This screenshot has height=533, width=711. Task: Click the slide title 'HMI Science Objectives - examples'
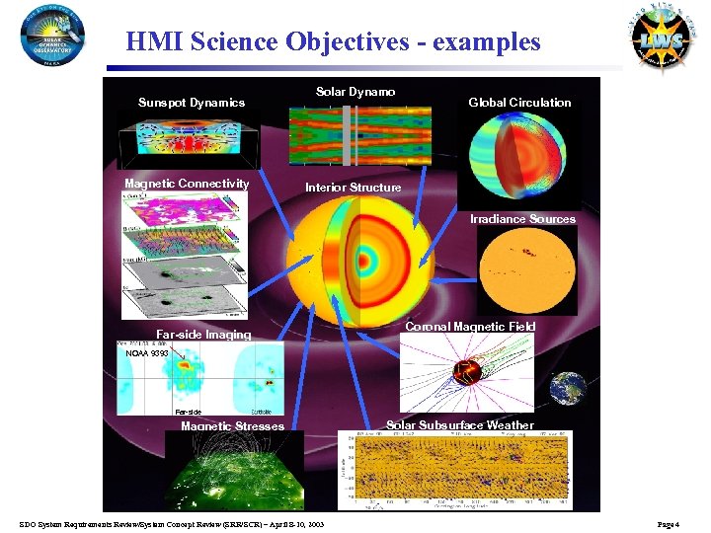[333, 42]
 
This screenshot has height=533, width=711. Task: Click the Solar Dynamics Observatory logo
[51, 37]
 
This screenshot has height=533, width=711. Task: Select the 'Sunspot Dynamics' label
[192, 103]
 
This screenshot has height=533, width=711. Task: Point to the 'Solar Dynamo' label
[355, 92]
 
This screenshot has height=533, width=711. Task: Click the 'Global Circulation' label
[519, 103]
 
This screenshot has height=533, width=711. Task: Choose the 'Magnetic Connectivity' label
[187, 184]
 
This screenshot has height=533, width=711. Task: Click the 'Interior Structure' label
[353, 188]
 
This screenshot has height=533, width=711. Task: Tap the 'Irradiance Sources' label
[522, 219]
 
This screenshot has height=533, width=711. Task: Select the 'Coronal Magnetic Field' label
[471, 327]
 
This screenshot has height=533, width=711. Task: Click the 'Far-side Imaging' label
[204, 335]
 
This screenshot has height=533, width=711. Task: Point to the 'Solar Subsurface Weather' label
[459, 425]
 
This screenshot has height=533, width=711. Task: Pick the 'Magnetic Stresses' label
[232, 426]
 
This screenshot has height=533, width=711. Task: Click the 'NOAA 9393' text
[146, 352]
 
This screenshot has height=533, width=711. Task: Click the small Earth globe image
[568, 389]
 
